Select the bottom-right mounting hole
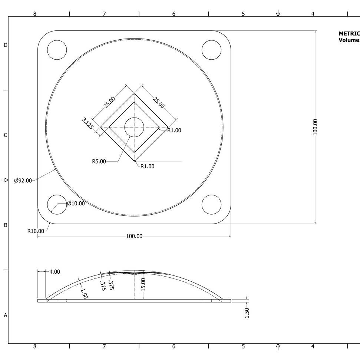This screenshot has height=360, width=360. click(211, 204)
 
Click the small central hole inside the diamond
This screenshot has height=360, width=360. click(134, 127)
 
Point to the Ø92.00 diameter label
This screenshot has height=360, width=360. click(23, 181)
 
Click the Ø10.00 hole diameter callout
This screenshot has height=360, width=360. click(76, 204)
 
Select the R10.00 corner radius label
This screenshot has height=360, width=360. click(36, 231)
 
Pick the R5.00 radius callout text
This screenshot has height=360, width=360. click(99, 161)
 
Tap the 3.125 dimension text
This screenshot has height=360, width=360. click(87, 123)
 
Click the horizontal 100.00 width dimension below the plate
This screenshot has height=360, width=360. click(134, 236)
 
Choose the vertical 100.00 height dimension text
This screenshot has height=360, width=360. click(316, 127)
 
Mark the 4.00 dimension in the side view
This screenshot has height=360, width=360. click(55, 272)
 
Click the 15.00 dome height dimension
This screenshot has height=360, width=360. click(143, 285)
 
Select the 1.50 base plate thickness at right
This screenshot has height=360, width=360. click(247, 313)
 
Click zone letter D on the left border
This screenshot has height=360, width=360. click(5, 45)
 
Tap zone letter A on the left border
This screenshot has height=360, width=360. click(5, 315)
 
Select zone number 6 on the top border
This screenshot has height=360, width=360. click(174, 14)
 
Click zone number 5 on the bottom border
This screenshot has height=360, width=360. click(243, 346)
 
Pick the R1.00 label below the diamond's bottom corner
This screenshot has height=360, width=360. click(147, 166)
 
